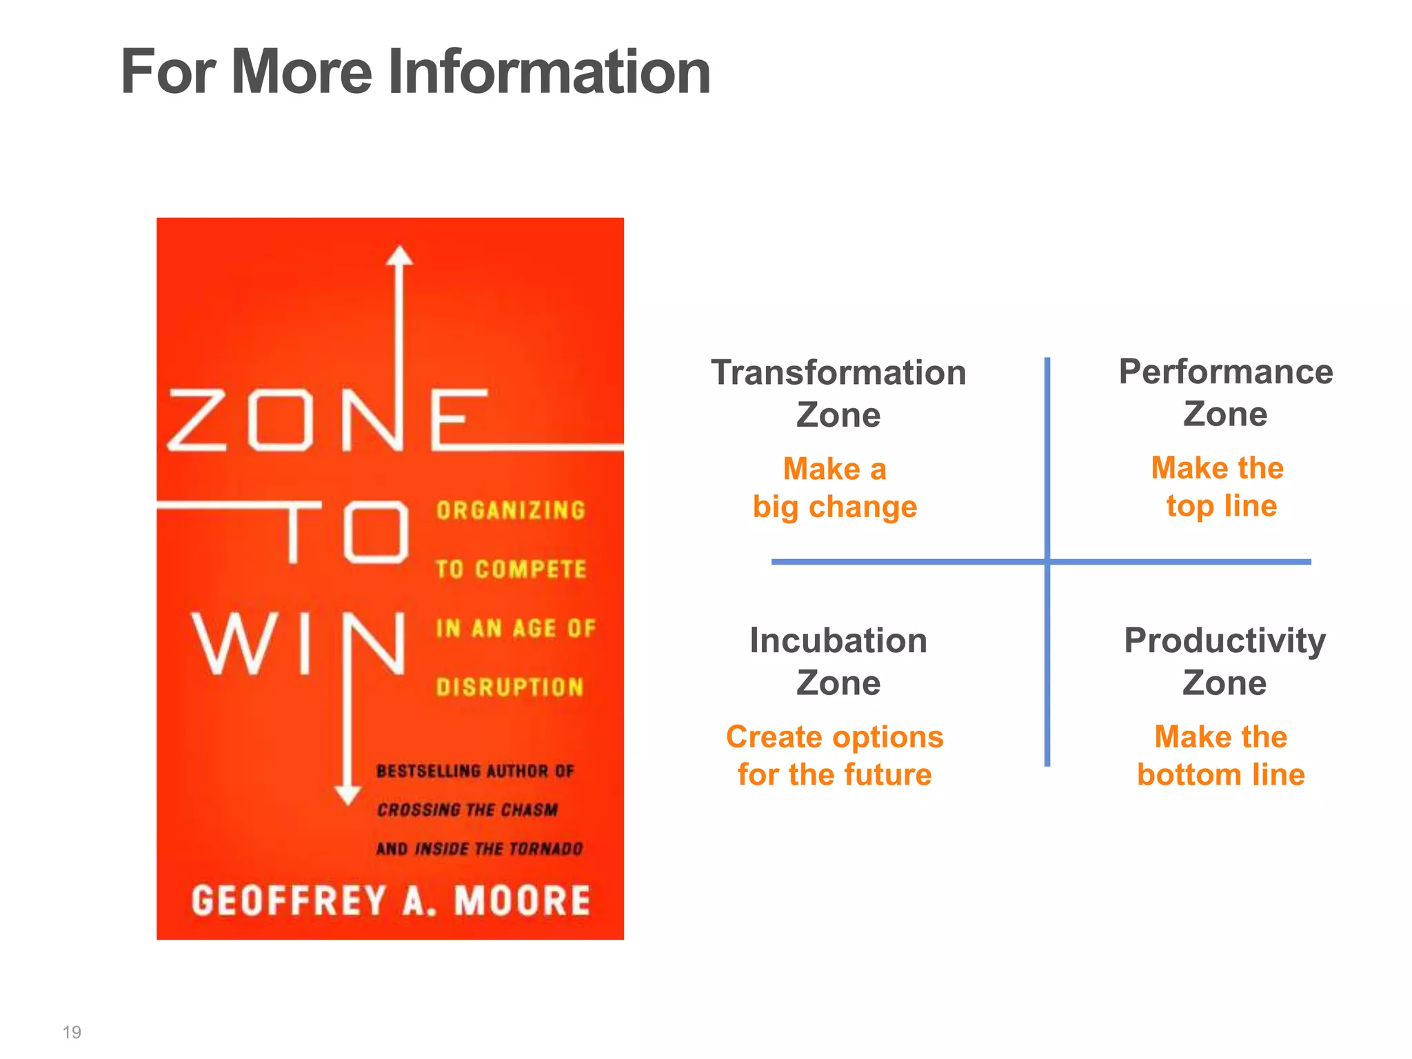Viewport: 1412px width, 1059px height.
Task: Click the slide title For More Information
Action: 415,72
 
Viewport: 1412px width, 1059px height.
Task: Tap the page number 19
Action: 72,1032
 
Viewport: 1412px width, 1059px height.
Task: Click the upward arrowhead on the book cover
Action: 399,256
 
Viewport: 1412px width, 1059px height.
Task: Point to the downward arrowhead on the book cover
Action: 347,794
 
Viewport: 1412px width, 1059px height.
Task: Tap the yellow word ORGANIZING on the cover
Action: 511,510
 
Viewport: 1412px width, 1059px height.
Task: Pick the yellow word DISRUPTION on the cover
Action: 510,687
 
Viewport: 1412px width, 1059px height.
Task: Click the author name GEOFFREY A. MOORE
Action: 391,900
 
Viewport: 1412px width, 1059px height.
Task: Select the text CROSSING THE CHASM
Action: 467,809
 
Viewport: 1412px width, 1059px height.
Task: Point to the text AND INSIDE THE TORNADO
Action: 480,848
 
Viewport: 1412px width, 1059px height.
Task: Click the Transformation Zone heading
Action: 838,393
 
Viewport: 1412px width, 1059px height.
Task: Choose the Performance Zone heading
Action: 1225,392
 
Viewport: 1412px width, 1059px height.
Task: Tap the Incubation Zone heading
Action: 838,661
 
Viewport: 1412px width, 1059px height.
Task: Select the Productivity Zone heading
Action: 1224,661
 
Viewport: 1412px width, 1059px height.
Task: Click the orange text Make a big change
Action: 835,487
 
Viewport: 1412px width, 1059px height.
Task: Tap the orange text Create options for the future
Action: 835,756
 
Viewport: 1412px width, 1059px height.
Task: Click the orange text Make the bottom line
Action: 1221,756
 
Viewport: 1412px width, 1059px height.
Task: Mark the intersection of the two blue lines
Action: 1047,562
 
